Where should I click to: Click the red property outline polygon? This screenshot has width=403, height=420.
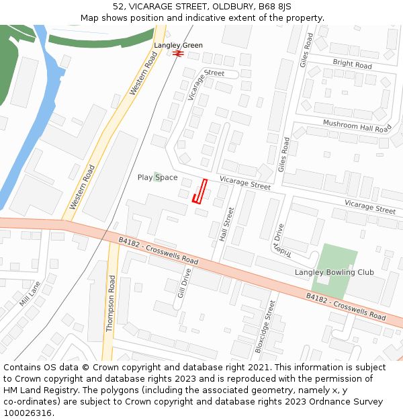click(199, 192)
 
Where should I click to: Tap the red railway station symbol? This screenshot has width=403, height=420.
click(178, 53)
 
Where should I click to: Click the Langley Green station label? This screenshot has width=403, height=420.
click(178, 46)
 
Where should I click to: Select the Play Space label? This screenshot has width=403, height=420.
click(157, 177)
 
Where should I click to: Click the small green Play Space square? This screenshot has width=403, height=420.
click(156, 176)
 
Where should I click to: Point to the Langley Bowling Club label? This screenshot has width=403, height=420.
click(334, 272)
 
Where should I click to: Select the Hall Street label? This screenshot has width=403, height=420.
click(226, 224)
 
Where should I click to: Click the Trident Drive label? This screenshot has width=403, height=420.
click(280, 239)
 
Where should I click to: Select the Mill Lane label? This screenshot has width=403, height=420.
click(30, 294)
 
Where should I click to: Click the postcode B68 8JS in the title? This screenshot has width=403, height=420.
click(275, 6)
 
